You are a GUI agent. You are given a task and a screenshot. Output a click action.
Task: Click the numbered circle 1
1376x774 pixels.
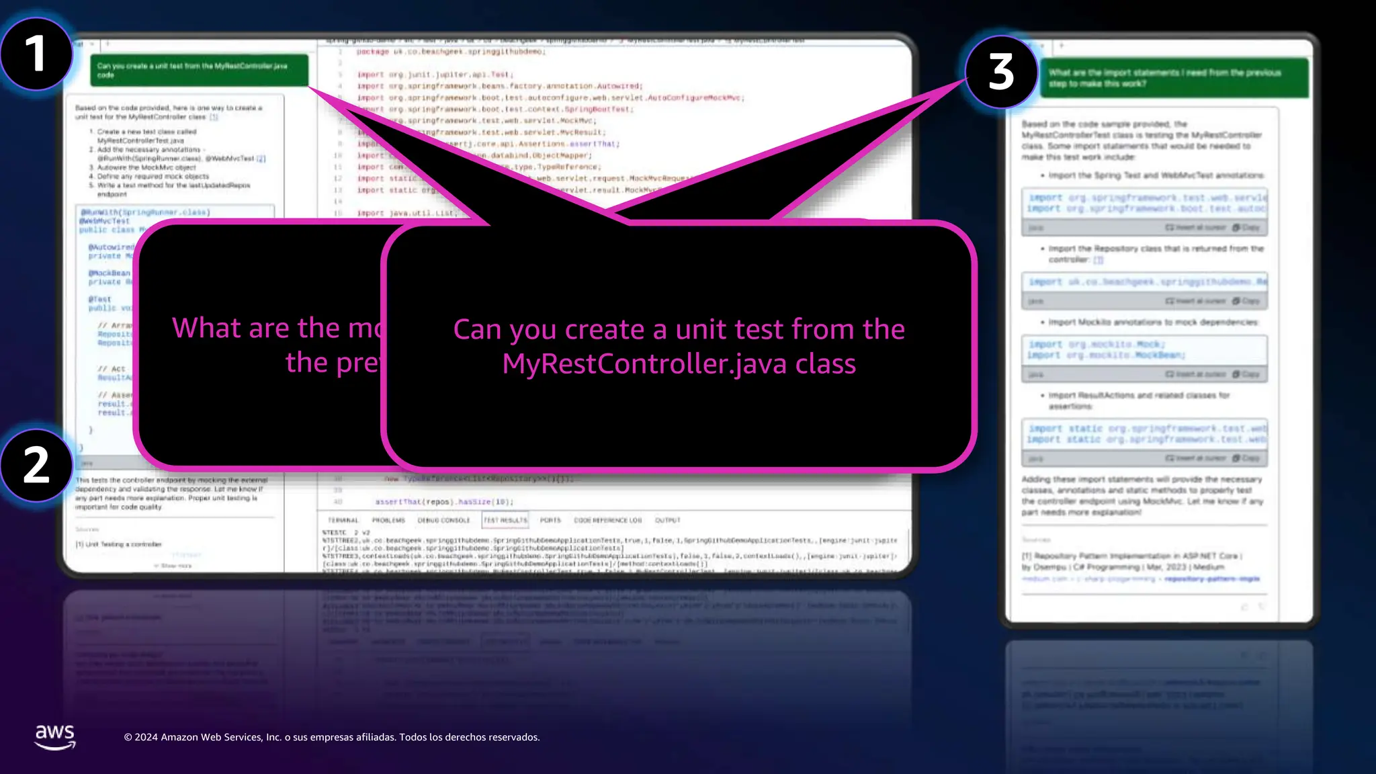pyautogui.click(x=36, y=54)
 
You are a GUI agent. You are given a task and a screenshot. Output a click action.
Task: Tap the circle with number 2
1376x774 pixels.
pyautogui.click(x=36, y=465)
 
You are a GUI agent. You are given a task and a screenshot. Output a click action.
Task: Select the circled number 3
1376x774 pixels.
pyautogui.click(x=1001, y=72)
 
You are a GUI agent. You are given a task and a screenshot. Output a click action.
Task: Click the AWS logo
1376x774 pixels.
pyautogui.click(x=55, y=736)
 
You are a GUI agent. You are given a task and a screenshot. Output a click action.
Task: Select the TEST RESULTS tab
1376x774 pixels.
pyautogui.click(x=505, y=520)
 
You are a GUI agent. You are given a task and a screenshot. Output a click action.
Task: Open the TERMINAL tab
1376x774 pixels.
pyautogui.click(x=343, y=520)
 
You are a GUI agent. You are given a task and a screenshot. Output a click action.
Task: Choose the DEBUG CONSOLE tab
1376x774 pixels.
pyautogui.click(x=443, y=520)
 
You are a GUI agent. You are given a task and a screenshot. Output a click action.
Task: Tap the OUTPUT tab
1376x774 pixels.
pyautogui.click(x=667, y=520)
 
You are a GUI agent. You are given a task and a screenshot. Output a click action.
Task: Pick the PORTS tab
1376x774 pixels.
pyautogui.click(x=550, y=520)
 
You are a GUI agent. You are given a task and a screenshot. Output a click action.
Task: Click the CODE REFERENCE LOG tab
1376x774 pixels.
pyautogui.click(x=607, y=520)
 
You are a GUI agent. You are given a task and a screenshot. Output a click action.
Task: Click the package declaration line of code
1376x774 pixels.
pyautogui.click(x=450, y=52)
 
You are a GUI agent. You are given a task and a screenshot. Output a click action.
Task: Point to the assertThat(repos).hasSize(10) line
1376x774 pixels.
pyautogui.click(x=443, y=502)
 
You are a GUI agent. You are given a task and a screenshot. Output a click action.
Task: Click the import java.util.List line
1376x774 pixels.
pyautogui.click(x=407, y=213)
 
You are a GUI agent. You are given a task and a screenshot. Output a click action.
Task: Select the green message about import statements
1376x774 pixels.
pyautogui.click(x=1174, y=78)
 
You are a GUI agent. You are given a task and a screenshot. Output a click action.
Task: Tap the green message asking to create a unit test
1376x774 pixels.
pyautogui.click(x=199, y=70)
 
